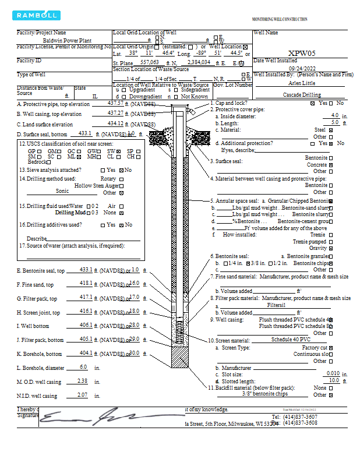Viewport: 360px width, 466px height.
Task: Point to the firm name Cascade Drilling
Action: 302,94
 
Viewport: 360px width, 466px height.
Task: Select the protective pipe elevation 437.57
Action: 116,103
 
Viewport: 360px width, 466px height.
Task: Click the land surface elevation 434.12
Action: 116,123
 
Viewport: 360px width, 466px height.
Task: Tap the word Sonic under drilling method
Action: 62,190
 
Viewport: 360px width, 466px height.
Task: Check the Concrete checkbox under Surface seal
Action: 331,165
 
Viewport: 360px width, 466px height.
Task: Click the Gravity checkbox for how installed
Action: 331,248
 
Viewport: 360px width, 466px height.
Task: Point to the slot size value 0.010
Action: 333,373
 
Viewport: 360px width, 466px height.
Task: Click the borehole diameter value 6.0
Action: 83,367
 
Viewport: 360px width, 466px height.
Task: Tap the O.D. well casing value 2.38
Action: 82,381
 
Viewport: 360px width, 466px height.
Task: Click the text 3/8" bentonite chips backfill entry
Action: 265,394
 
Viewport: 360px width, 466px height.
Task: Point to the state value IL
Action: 95,96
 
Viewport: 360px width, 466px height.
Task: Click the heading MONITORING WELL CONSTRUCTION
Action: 279,19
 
